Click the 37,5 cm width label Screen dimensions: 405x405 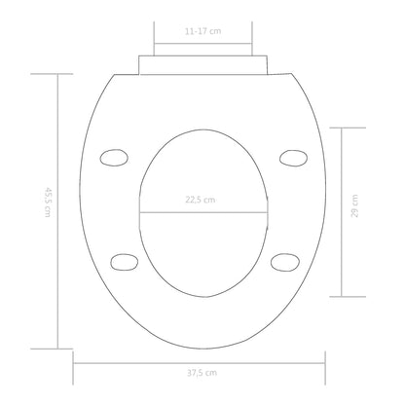(x=202, y=382)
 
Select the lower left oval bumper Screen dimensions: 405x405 (x=124, y=260)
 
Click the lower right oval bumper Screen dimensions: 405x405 (x=282, y=260)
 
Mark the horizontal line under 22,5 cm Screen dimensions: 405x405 (x=202, y=212)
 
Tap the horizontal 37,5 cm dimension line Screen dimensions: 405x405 (x=202, y=365)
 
